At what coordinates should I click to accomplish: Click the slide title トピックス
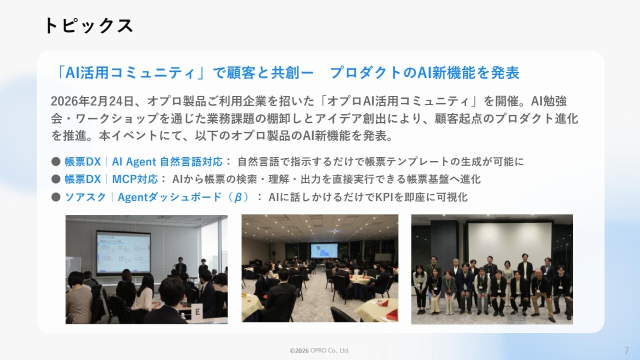point(88,25)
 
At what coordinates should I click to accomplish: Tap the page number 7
point(626,350)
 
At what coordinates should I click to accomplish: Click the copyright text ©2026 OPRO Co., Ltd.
point(319,350)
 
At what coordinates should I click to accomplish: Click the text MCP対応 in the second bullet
point(135,179)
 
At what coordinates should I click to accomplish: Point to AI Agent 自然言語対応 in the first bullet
point(167,161)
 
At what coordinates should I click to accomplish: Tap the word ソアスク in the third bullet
point(85,197)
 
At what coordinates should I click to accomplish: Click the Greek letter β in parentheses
point(237,197)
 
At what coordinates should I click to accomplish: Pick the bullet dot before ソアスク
point(56,197)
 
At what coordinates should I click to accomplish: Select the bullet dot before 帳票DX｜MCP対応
point(56,179)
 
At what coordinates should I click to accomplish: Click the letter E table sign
point(197,312)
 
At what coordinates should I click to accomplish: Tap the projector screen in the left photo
point(123,252)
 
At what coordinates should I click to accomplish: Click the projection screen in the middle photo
point(324,250)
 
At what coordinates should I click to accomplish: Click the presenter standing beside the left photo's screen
point(180,266)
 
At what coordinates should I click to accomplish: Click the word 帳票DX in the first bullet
point(83,161)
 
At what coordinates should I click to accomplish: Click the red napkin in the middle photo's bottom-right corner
point(392,314)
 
